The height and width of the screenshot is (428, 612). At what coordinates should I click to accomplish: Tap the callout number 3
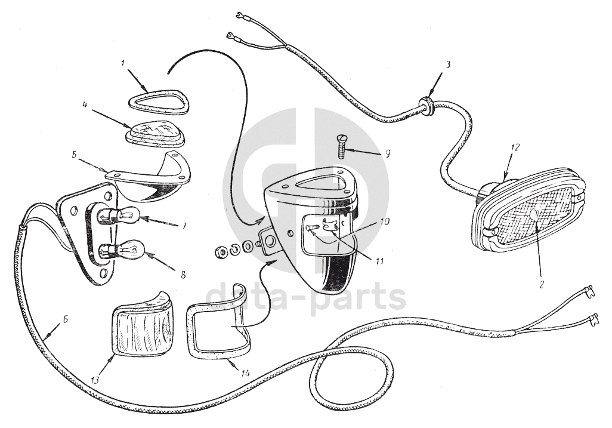click(x=448, y=65)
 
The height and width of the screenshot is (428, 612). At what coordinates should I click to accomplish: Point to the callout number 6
click(x=65, y=319)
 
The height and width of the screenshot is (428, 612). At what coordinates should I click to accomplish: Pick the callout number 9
click(x=387, y=154)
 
